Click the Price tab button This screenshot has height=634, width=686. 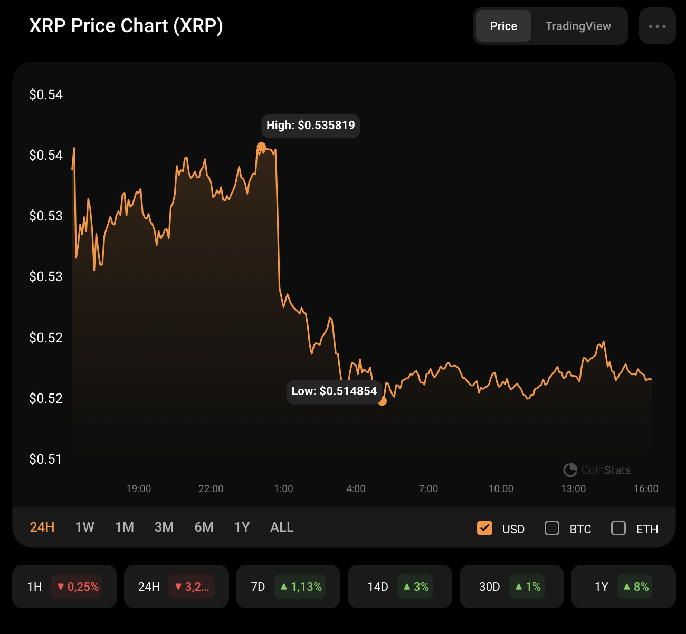tap(503, 26)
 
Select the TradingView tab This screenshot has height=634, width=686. tap(578, 26)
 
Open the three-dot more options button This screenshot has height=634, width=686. tap(657, 26)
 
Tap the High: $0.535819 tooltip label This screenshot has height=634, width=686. tap(310, 126)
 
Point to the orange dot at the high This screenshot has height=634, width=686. tap(261, 147)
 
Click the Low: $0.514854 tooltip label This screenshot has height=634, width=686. tap(334, 391)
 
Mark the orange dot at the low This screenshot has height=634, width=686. tap(383, 401)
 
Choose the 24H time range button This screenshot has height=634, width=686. tap(42, 527)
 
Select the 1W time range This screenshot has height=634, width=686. tap(84, 527)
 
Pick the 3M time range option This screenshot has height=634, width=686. tap(164, 527)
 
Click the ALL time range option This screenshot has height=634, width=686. tap(282, 527)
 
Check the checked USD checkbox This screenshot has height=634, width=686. tap(484, 528)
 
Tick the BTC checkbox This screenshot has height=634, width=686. tap(552, 528)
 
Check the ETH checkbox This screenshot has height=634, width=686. tap(618, 528)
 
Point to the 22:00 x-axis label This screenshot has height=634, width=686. tap(211, 489)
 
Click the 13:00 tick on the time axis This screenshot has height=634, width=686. tap(573, 489)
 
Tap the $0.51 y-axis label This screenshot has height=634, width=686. tap(45, 459)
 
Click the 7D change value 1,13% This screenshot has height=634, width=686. tap(300, 587)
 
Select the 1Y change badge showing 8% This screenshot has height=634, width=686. tap(635, 587)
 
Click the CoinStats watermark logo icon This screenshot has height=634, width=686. tap(570, 469)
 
